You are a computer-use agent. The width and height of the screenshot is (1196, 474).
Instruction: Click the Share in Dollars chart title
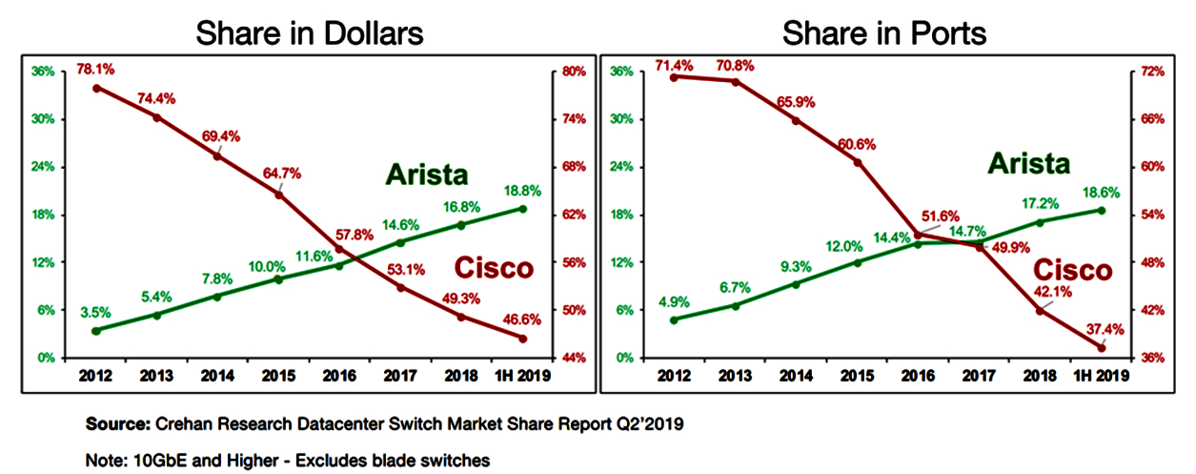(x=310, y=34)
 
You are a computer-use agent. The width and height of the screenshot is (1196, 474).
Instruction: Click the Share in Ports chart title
(x=884, y=34)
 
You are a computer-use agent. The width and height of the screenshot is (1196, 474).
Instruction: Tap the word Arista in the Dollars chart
(x=427, y=175)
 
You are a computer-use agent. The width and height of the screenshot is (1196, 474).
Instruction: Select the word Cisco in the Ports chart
(x=1073, y=270)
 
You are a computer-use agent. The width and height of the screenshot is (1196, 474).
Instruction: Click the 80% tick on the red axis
(x=573, y=72)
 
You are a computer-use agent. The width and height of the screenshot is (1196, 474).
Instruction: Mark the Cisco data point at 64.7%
(x=278, y=195)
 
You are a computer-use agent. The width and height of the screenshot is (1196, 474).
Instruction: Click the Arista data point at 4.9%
(x=674, y=319)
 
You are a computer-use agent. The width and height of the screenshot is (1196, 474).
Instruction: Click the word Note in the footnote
(x=104, y=460)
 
